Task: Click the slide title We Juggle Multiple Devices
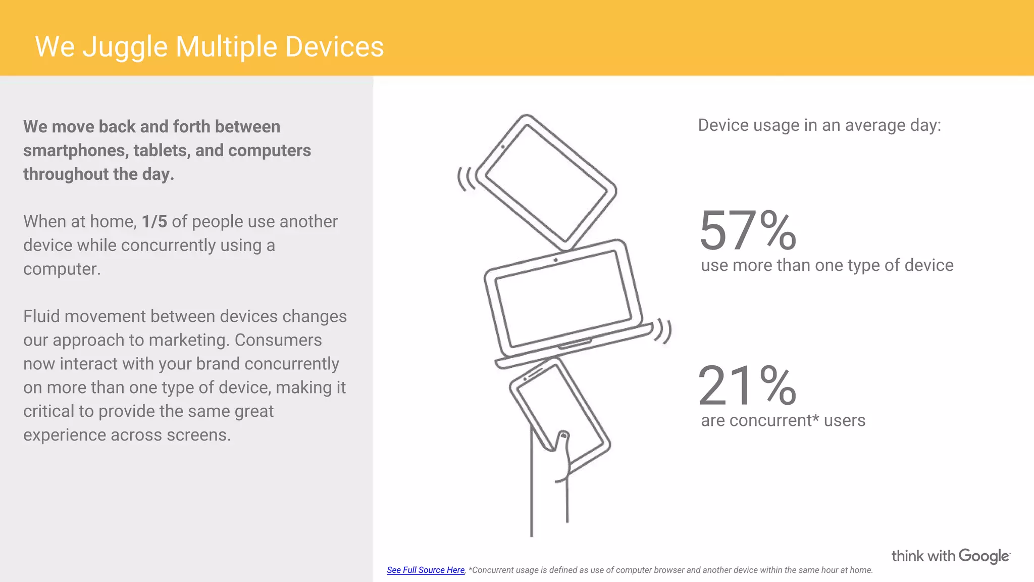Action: [209, 47]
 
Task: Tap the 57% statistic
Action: [747, 231]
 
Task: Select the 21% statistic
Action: [747, 386]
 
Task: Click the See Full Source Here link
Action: [426, 570]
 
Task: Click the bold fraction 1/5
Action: [154, 222]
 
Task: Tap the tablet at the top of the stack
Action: [545, 182]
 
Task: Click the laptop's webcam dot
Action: [555, 260]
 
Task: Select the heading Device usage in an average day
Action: [819, 125]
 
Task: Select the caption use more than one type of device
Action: [827, 265]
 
